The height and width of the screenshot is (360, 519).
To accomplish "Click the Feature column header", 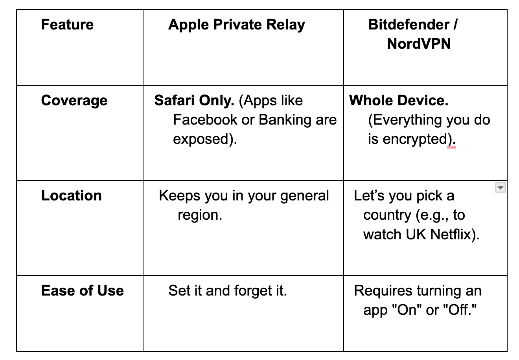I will pyautogui.click(x=67, y=25).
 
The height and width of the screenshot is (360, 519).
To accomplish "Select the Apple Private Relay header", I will pyautogui.click(x=236, y=25).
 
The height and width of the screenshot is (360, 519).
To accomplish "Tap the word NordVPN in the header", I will pyautogui.click(x=419, y=44).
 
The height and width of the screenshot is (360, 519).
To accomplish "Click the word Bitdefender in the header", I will pyautogui.click(x=409, y=25).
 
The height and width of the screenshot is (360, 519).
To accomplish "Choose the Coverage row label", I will pyautogui.click(x=74, y=101).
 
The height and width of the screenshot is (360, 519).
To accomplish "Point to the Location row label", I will pyautogui.click(x=71, y=196).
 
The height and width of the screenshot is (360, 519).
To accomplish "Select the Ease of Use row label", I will pyautogui.click(x=82, y=291).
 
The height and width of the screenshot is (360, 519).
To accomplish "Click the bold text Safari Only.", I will pyautogui.click(x=194, y=101).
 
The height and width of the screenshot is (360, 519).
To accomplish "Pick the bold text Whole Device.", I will pyautogui.click(x=398, y=101).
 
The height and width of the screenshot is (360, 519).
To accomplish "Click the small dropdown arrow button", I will pyautogui.click(x=500, y=188).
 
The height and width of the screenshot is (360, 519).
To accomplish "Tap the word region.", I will pyautogui.click(x=199, y=215).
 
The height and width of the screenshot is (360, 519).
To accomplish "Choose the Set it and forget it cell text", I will pyautogui.click(x=227, y=291).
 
